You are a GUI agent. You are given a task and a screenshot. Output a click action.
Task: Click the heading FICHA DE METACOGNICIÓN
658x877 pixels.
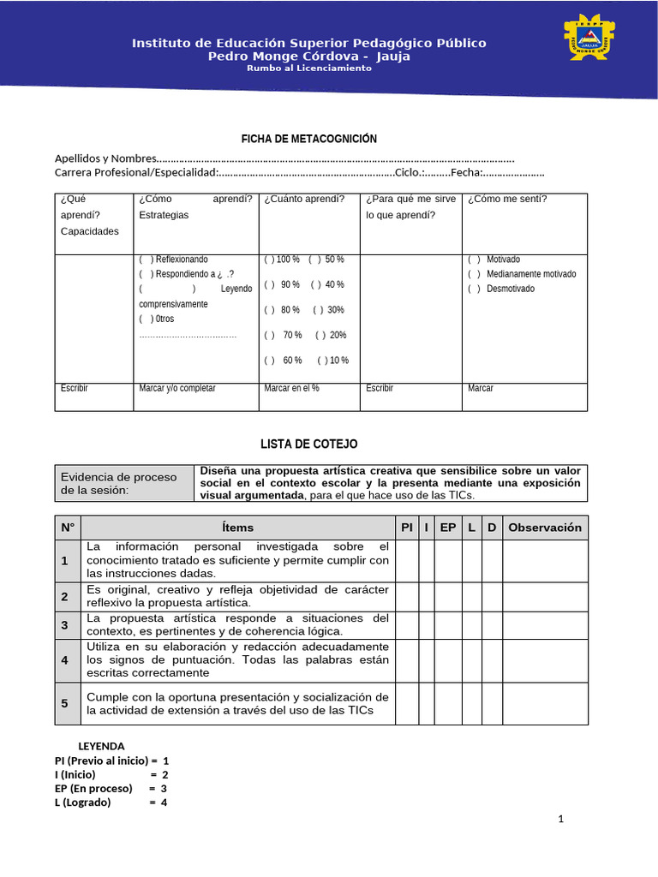308,139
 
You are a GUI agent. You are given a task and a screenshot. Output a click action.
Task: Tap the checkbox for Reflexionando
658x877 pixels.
146,260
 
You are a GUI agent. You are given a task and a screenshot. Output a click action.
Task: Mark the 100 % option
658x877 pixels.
269,260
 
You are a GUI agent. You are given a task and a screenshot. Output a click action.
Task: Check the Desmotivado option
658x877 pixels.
474,289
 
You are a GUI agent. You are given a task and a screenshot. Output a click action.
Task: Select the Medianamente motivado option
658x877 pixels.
474,274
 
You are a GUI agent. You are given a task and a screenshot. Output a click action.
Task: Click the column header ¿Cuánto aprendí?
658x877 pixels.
304,200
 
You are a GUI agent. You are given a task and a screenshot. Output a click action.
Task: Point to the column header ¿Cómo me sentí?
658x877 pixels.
507,200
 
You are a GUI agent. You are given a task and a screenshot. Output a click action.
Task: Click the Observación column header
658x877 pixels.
545,528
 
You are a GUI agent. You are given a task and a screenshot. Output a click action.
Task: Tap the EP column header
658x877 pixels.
447,528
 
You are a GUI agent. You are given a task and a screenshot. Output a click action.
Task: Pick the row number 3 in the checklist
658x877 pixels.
64,625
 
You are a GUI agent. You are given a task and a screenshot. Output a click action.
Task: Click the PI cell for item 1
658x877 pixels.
406,560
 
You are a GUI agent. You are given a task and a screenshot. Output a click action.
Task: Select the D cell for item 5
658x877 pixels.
492,704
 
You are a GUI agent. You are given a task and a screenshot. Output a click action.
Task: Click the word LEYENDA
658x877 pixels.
101,746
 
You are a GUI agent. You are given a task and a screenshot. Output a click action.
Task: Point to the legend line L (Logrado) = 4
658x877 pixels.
111,802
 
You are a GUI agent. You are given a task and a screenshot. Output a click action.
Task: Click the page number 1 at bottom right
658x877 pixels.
560,820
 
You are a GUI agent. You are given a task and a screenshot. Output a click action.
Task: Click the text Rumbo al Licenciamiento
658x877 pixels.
308,69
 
